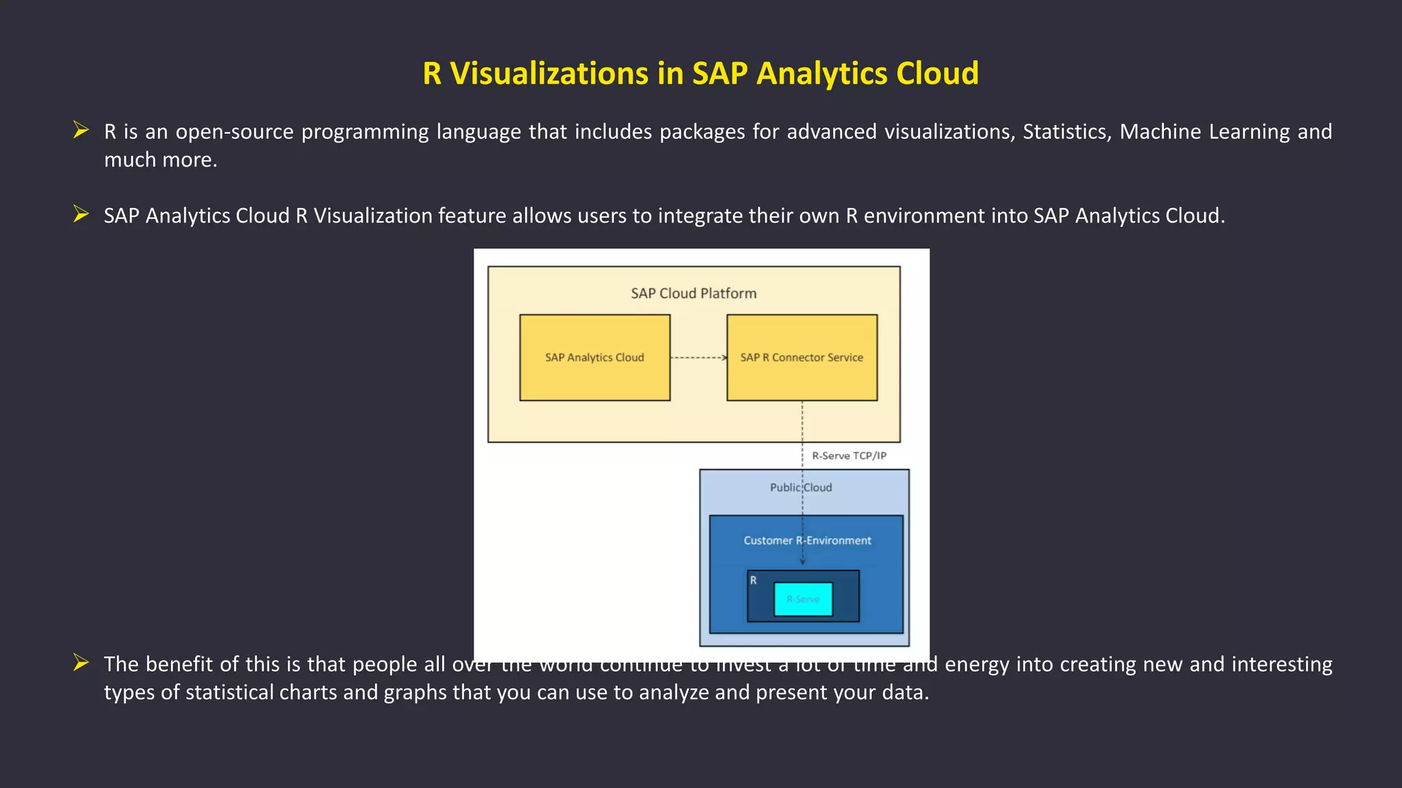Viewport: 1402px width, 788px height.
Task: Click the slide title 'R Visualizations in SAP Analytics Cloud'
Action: [x=700, y=73]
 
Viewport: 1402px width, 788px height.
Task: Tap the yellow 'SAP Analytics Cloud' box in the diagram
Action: [x=594, y=357]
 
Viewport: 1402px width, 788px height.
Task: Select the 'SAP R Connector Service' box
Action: [x=802, y=357]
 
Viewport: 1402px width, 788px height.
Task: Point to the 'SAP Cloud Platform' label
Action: [x=693, y=293]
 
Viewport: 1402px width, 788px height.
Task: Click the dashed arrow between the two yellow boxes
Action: [x=698, y=357]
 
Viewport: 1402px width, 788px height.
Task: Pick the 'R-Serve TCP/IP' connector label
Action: [x=849, y=455]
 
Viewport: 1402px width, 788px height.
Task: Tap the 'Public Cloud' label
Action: [x=800, y=487]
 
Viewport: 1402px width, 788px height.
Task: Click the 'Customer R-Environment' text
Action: [x=807, y=540]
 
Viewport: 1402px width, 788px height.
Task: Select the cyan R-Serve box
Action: [x=803, y=599]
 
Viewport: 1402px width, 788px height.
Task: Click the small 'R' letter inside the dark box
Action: [x=753, y=581]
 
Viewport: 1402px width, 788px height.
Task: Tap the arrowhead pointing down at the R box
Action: [x=802, y=561]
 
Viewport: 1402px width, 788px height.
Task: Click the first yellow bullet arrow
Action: [x=81, y=130]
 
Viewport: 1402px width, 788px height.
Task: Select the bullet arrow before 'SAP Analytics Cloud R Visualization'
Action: [x=81, y=214]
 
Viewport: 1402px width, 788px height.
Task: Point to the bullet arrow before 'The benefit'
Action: [x=81, y=663]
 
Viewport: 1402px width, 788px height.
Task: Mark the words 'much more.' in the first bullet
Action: [x=160, y=160]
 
